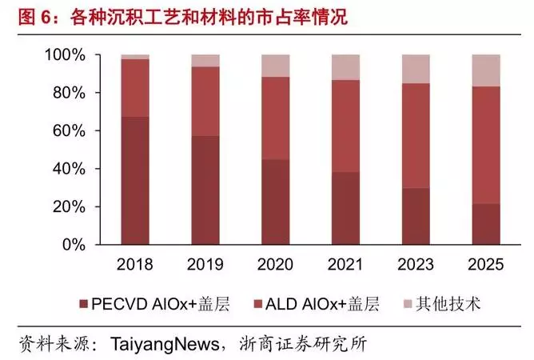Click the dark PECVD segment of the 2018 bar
point(135,180)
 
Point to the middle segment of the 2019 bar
point(206,101)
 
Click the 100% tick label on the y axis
point(66,55)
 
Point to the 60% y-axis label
point(70,131)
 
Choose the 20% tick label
point(70,207)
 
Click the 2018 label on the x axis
point(135,264)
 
